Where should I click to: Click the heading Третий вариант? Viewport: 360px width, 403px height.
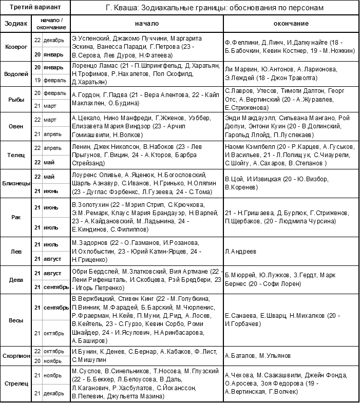pos(35,8)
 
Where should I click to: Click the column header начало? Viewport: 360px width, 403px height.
pos(147,24)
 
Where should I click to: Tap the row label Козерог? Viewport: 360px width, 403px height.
pos(16,46)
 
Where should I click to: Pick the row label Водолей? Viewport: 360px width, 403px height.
pos(16,73)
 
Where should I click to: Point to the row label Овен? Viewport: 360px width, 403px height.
pos(16,126)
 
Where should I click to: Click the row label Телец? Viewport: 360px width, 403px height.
pos(16,155)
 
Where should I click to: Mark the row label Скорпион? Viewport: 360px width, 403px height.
pos(16,355)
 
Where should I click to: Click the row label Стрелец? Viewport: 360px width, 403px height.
pos(16,383)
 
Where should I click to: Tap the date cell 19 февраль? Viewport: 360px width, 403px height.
pos(50,81)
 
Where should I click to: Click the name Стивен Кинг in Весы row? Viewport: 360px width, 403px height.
pos(134,299)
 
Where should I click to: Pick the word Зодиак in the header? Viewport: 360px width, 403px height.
pos(16,24)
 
